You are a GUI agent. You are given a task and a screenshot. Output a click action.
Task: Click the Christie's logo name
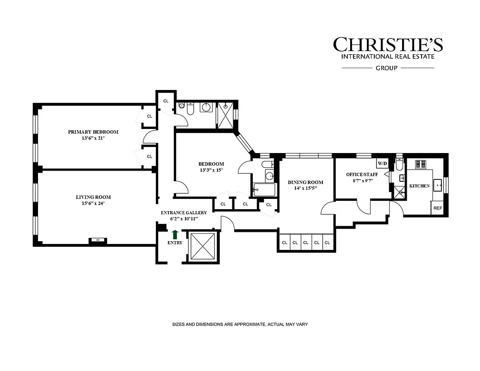388,45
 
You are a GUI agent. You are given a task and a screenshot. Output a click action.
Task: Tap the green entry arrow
175,235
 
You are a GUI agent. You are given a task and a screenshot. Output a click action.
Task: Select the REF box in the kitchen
437,208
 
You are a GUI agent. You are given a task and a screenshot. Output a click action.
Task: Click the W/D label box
382,164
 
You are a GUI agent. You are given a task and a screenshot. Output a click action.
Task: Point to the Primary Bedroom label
93,132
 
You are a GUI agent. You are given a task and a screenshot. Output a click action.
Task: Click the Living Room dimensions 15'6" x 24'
93,204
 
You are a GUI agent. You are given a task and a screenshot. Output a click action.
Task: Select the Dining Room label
305,182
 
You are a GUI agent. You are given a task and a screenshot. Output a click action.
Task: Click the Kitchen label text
419,186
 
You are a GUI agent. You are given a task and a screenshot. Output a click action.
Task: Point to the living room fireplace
98,240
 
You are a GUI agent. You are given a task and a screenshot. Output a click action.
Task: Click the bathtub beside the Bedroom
264,189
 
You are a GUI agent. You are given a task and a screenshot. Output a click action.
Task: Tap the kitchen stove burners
423,164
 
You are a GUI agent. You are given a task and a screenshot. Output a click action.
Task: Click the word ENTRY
175,243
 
